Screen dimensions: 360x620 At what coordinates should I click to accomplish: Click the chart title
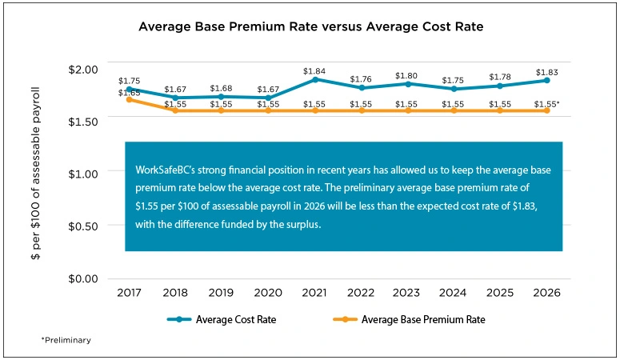310,26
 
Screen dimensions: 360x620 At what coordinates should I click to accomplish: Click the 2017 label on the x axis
129,294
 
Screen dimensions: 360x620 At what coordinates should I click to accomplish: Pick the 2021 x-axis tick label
314,294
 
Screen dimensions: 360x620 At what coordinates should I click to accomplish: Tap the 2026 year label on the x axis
546,294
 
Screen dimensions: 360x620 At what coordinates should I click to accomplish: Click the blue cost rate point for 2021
314,79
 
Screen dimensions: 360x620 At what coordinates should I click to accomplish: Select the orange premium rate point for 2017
129,99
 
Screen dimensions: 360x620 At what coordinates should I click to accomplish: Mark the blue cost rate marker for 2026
546,80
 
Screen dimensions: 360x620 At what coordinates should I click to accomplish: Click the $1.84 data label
314,70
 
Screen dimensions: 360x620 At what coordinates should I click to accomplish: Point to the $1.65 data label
129,93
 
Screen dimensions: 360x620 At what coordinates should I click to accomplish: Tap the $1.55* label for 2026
548,105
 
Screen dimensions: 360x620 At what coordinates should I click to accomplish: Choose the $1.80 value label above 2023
407,76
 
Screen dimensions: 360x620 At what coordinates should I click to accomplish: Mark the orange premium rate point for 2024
454,110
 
